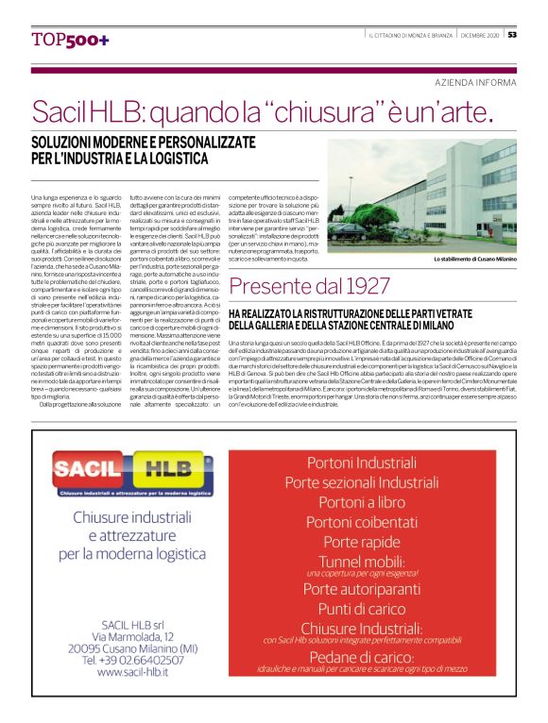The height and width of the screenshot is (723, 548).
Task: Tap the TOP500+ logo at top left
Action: point(70,40)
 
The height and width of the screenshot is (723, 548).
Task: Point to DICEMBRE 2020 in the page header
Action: point(479,36)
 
